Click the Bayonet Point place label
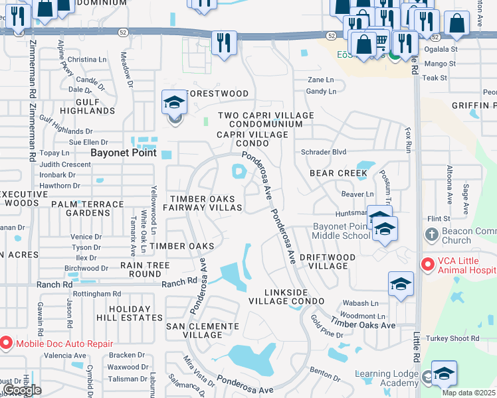[x=123, y=153]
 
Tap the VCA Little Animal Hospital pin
[x=427, y=264]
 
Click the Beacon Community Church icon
[x=431, y=235]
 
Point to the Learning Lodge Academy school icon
[x=443, y=373]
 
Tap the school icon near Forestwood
[x=174, y=103]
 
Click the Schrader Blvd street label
[x=324, y=152]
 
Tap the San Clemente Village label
[x=202, y=330]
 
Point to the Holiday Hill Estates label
[x=136, y=313]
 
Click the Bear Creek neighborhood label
[x=338, y=173]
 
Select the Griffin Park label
[x=474, y=105]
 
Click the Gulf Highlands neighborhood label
[x=87, y=106]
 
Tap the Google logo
[x=23, y=390]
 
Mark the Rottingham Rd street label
[x=98, y=294]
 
